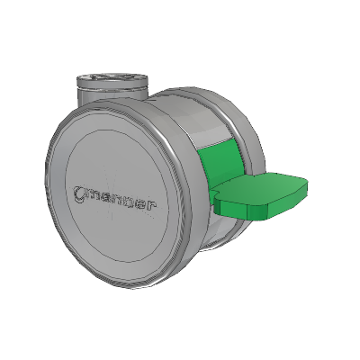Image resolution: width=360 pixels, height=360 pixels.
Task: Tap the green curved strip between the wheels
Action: (219, 162)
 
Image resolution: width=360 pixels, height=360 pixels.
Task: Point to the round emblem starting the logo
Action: (79, 193)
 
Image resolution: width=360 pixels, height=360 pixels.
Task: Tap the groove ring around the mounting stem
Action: (112, 90)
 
